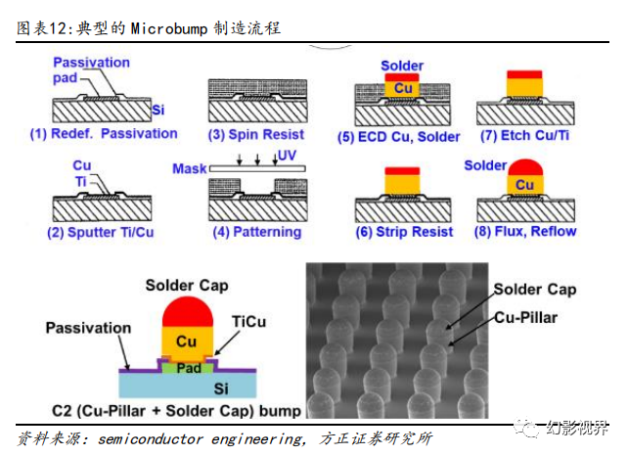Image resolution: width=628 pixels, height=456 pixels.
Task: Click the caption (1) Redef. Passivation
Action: click(x=104, y=133)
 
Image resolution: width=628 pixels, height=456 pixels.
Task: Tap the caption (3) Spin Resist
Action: click(x=256, y=134)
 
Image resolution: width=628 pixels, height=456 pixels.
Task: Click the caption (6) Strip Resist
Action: click(x=404, y=232)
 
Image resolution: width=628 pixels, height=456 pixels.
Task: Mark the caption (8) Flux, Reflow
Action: click(x=525, y=232)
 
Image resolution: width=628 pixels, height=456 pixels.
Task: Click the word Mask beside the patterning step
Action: click(x=189, y=169)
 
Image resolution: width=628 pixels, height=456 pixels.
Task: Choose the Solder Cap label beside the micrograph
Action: click(x=534, y=289)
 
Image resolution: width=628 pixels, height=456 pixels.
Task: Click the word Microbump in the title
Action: click(x=170, y=28)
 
